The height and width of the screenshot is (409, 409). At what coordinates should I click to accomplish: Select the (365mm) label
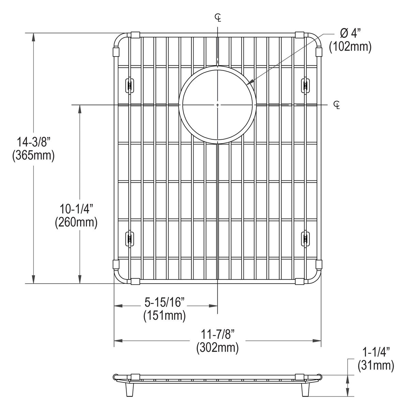[33, 156]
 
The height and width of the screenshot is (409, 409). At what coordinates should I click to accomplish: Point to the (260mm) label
[76, 223]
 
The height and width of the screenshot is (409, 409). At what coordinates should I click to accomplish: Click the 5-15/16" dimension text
[165, 302]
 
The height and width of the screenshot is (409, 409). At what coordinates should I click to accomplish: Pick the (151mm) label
[165, 315]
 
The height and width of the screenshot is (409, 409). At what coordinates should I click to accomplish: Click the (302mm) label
[217, 348]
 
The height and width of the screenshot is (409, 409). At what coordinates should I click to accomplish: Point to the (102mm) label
[350, 47]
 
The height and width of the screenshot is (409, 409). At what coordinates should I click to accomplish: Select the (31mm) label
[376, 365]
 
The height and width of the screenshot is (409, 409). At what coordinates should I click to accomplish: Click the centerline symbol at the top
[218, 17]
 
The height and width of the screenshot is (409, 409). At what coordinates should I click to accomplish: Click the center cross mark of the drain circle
[217, 105]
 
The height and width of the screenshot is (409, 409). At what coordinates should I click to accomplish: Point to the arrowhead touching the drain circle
[249, 82]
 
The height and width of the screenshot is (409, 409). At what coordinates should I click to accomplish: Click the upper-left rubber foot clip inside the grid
[130, 85]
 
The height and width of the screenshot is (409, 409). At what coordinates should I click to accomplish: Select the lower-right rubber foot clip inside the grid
[305, 238]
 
